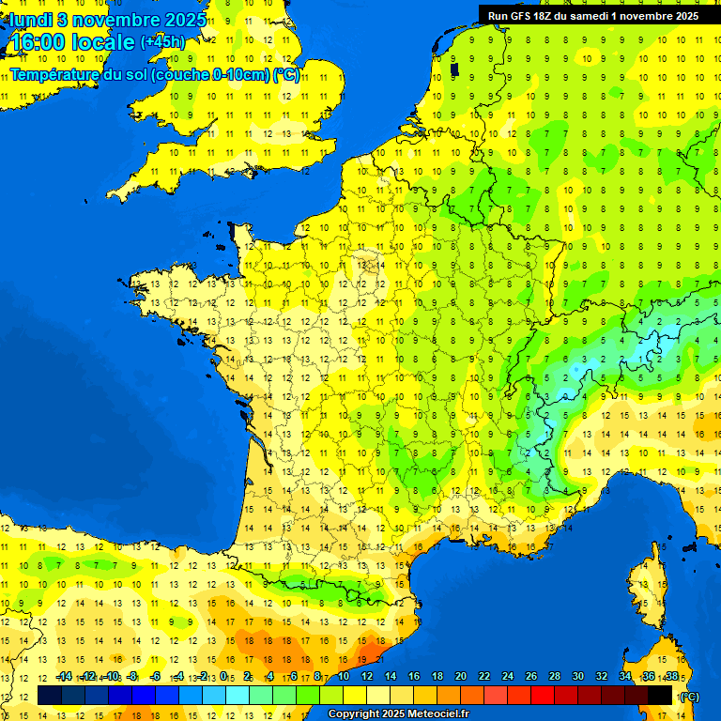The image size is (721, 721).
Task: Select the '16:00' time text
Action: pyautogui.click(x=38, y=43)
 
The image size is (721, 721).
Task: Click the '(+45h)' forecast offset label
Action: pyautogui.click(x=162, y=42)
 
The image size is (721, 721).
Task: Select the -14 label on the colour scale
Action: pyautogui.click(x=64, y=677)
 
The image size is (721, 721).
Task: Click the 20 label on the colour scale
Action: pyautogui.click(x=461, y=677)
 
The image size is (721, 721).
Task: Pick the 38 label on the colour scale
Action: pyautogui.click(x=671, y=677)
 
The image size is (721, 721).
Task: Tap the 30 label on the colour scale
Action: pyautogui.click(x=577, y=677)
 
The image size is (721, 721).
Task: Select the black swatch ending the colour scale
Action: pyautogui.click(x=660, y=695)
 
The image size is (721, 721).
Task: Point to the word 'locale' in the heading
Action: pyautogui.click(x=104, y=43)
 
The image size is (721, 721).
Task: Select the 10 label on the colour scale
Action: pyautogui.click(x=344, y=677)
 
